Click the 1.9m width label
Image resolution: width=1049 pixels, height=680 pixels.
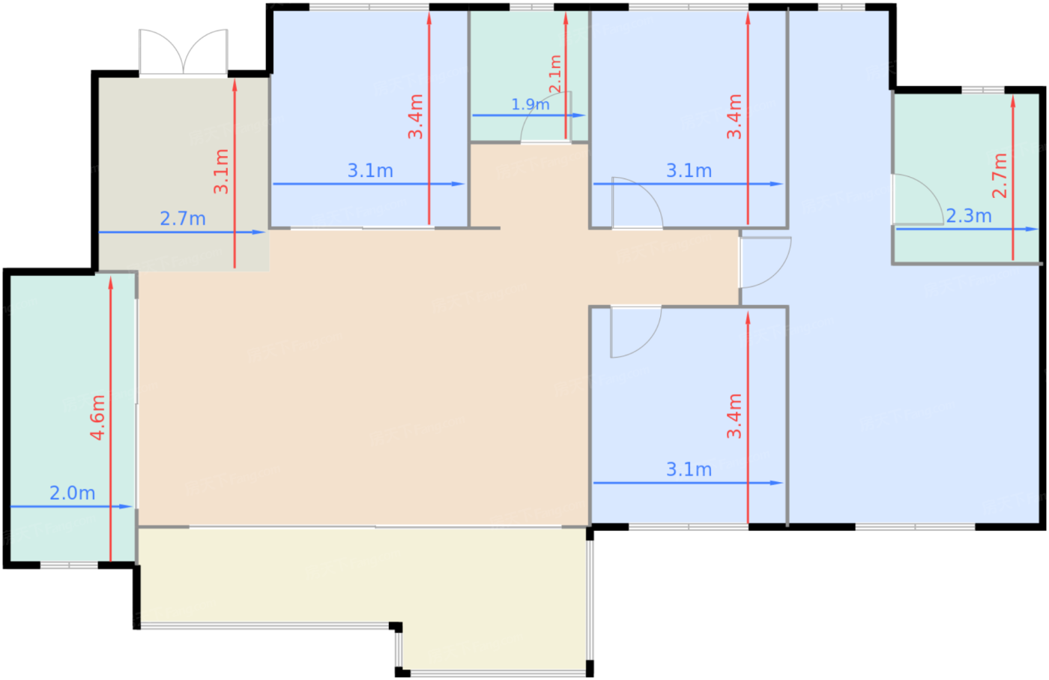[530, 104]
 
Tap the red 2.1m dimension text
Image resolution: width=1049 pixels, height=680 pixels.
[555, 74]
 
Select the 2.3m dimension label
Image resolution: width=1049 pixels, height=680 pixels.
[969, 216]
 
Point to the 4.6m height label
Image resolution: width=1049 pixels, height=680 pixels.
[98, 418]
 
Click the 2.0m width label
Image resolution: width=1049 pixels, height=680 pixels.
[73, 493]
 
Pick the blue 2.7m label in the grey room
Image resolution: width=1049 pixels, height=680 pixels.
[183, 219]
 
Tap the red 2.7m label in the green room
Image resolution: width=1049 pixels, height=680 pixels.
[1000, 175]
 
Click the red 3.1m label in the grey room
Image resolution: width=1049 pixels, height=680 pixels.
[221, 172]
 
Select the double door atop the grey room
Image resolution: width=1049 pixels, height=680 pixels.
[183, 52]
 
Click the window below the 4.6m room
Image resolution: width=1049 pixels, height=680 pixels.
[69, 565]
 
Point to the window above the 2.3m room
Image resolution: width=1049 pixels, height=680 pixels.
[983, 89]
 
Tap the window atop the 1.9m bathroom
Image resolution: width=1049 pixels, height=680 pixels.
[531, 7]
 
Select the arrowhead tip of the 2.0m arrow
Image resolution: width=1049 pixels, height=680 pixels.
[133, 507]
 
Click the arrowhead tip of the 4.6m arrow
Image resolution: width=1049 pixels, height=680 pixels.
[111, 277]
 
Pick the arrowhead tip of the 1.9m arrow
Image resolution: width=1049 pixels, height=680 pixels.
[586, 115]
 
